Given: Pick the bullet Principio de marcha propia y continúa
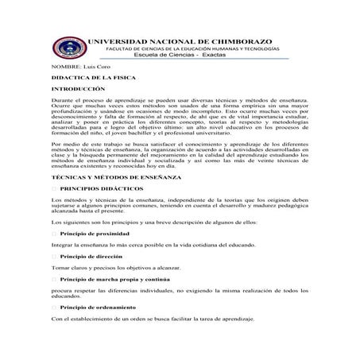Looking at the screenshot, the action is point(114,280).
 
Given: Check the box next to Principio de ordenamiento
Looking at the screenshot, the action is point(54,307).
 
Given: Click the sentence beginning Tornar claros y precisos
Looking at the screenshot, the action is point(120,269).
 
